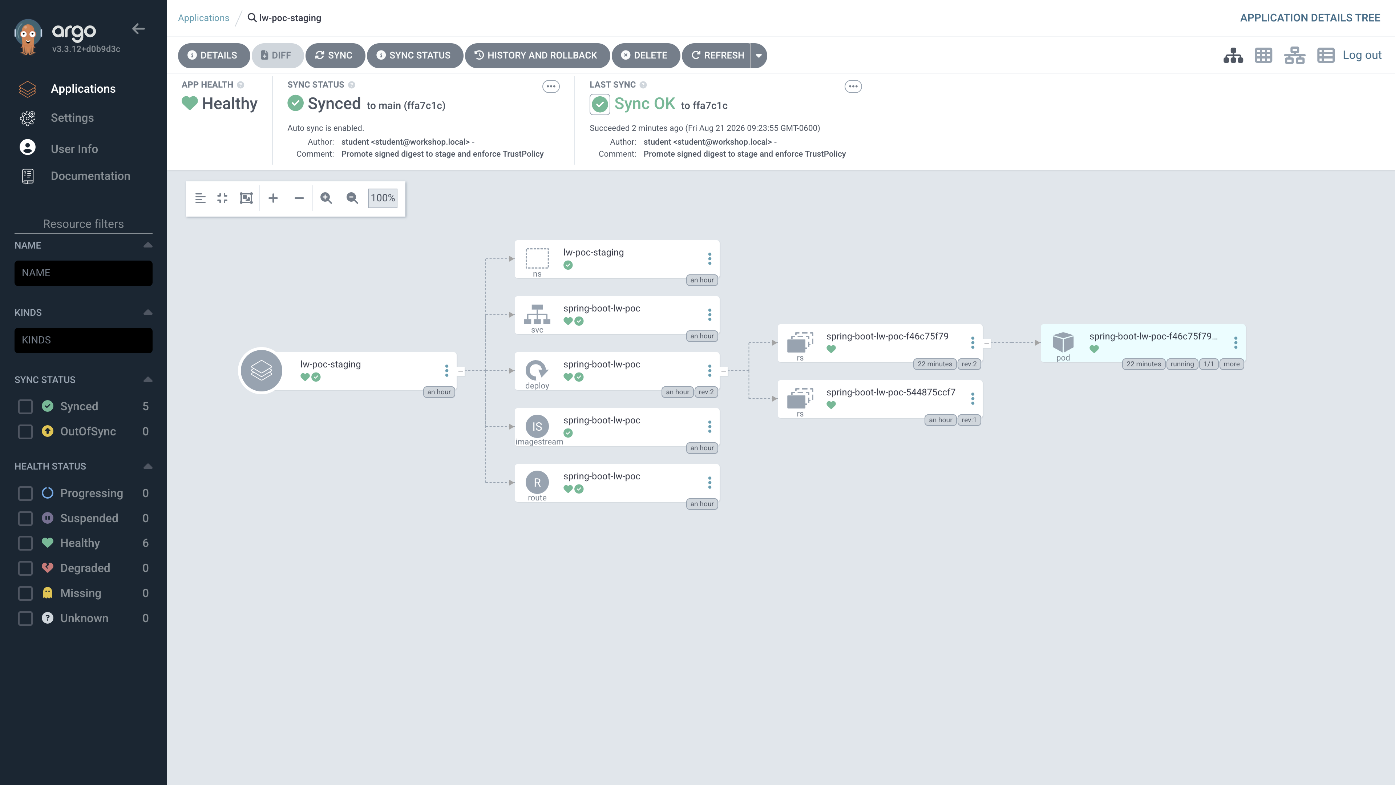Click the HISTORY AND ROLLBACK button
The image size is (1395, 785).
[x=537, y=55]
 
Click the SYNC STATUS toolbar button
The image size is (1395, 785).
[x=414, y=55]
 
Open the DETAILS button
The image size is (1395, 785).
[x=213, y=55]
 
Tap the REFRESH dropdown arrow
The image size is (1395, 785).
[x=759, y=55]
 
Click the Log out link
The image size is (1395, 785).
[x=1362, y=55]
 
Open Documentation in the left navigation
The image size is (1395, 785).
[x=90, y=176]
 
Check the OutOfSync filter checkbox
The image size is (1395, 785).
[x=25, y=432]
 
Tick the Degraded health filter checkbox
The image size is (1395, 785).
[x=25, y=568]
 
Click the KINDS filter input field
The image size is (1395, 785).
[x=84, y=340]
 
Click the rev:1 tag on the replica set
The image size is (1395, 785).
[x=969, y=420]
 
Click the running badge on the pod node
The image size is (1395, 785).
[x=1182, y=364]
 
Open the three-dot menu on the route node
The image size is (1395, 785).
[x=709, y=482]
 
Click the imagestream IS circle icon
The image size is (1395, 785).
[x=537, y=426]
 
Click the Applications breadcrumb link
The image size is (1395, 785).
[x=203, y=18]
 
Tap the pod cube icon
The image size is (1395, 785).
[x=1063, y=342]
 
